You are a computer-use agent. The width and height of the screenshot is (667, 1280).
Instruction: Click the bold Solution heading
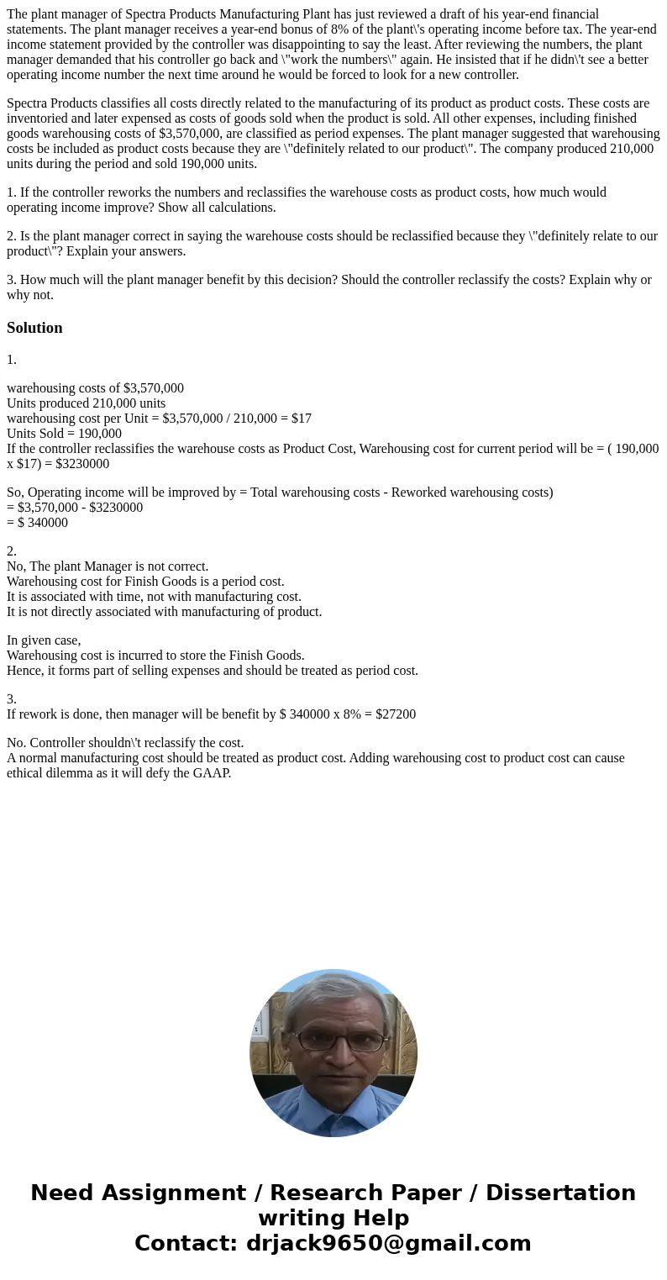[x=34, y=328]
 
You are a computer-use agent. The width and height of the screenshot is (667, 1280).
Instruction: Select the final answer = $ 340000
[x=38, y=523]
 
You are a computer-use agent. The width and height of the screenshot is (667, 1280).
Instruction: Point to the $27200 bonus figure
[x=395, y=714]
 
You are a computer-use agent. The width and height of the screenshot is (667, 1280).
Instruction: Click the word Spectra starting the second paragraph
[x=30, y=103]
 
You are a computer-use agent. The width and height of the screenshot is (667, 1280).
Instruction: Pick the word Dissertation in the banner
[x=560, y=1193]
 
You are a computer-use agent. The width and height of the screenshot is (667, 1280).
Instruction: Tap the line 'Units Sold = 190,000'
[x=64, y=434]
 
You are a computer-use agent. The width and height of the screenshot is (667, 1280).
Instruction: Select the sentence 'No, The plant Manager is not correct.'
[x=108, y=566]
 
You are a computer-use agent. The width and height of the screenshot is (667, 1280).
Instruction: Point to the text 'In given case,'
[x=44, y=640]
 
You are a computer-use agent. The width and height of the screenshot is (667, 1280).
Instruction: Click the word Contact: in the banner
[x=186, y=1243]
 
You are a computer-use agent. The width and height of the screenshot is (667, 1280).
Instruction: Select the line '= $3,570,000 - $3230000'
[x=75, y=508]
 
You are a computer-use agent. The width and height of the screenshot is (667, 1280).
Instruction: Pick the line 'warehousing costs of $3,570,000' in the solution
[x=95, y=388]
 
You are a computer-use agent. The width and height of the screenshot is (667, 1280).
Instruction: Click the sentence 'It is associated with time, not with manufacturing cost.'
[x=154, y=597]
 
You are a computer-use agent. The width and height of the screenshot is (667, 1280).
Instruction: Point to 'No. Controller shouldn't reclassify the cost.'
[x=125, y=743]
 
